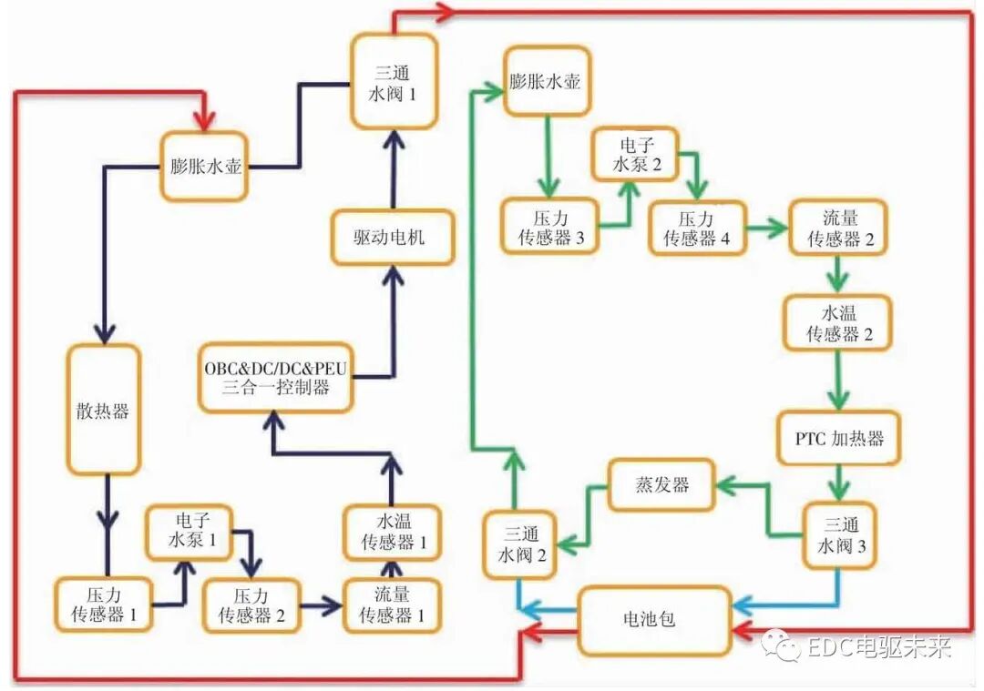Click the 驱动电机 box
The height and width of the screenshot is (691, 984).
[x=392, y=238]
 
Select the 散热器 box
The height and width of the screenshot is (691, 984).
[x=103, y=410]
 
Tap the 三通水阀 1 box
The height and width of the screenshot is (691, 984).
[x=395, y=81]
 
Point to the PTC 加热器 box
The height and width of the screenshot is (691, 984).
[x=832, y=438]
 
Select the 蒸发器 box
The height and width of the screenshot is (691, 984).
[x=661, y=484]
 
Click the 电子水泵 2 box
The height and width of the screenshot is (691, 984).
[x=635, y=155]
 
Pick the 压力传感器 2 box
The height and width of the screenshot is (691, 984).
[x=251, y=605]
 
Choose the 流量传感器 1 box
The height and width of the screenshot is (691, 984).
[x=391, y=605]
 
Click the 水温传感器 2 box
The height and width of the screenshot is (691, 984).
[x=838, y=322]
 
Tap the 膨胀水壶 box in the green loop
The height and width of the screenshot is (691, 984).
[x=545, y=81]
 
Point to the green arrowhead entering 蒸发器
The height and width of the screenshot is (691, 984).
[x=724, y=487]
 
